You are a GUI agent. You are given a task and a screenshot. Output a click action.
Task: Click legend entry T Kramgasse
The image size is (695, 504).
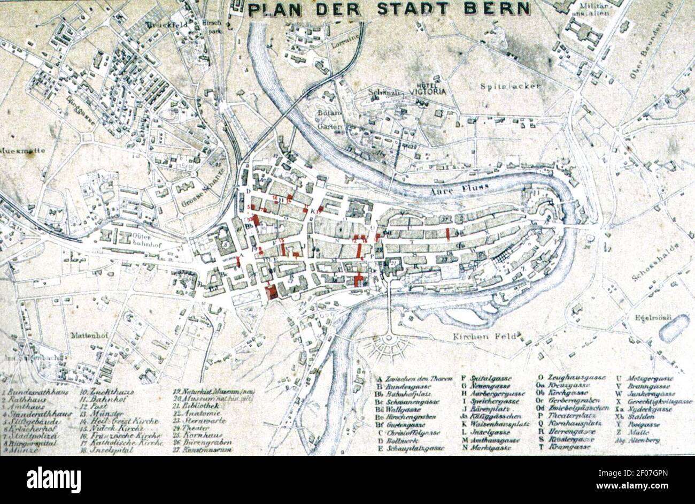coord(567,446)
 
